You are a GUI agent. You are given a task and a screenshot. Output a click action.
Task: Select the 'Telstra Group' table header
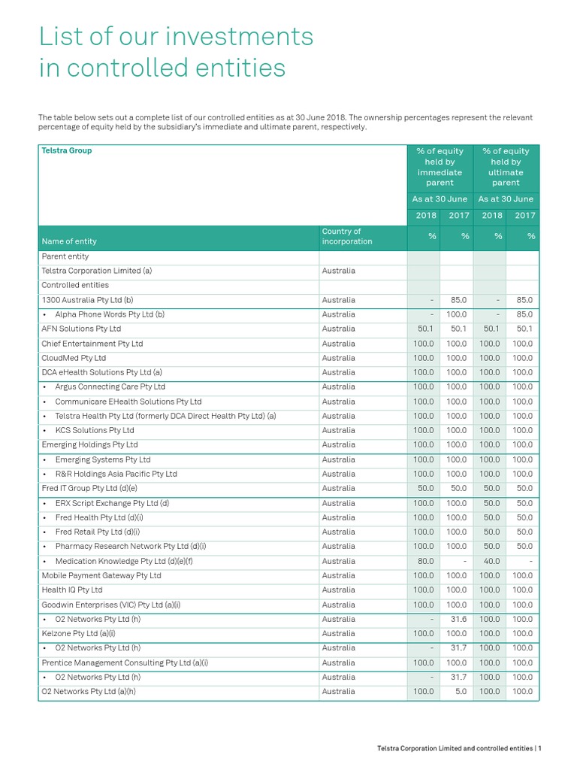pos(67,150)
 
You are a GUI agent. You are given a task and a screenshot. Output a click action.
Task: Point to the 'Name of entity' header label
pos(69,241)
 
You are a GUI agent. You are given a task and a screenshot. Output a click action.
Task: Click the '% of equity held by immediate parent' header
pos(440,167)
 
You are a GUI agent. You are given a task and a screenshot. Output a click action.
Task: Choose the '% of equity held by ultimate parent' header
pos(506,167)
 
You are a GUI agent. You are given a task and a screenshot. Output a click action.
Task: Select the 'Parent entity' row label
pos(65,256)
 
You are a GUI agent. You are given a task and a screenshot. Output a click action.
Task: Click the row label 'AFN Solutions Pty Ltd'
pos(81,329)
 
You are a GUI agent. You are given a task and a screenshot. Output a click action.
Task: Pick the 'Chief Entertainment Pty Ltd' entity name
pos(92,344)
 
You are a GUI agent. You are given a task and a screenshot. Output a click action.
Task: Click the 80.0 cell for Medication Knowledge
pos(424,561)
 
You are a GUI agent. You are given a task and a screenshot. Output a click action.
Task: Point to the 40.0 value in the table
pos(490,561)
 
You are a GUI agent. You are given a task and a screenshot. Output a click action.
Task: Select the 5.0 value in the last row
pos(459,691)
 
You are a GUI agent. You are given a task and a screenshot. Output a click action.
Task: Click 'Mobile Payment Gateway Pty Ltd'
pos(101,575)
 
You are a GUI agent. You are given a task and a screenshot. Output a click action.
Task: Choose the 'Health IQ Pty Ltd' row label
pos(72,590)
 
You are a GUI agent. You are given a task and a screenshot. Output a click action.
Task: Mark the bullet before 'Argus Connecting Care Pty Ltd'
pos(45,387)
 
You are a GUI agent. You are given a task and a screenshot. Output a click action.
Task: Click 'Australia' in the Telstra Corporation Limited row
pos(338,271)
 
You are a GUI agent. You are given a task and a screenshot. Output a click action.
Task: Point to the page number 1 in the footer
pos(539,748)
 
